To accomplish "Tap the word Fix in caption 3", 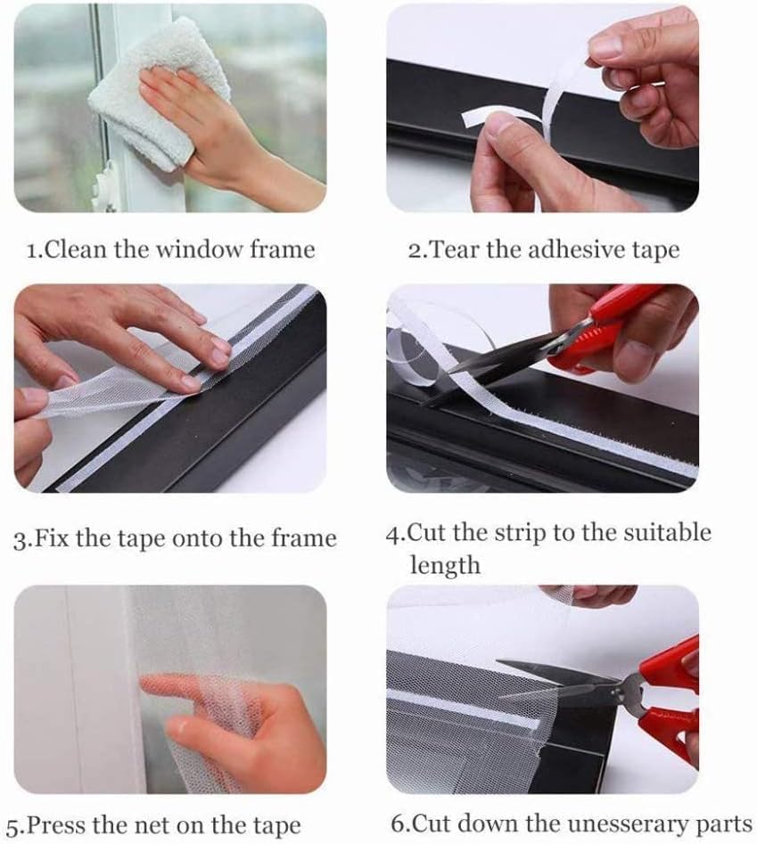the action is pyautogui.click(x=52, y=538).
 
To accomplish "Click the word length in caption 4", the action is pyautogui.click(x=445, y=565).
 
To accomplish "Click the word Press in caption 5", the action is pyautogui.click(x=56, y=825).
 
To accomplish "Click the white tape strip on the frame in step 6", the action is pyautogui.click(x=462, y=709).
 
